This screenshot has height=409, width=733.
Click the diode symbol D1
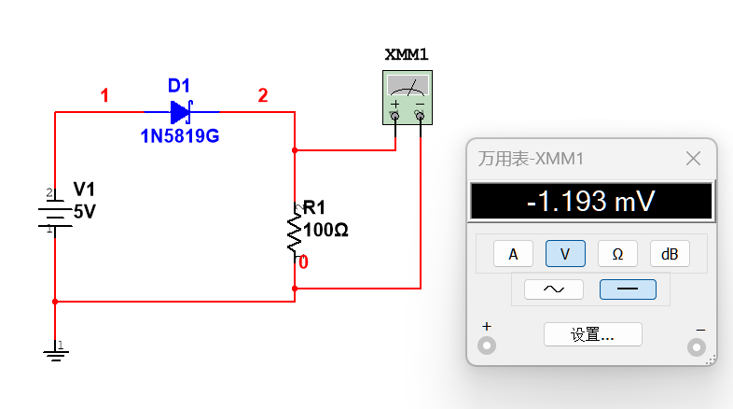coord(181,112)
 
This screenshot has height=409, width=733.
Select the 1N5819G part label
coord(180,136)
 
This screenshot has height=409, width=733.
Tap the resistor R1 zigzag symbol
coord(295,233)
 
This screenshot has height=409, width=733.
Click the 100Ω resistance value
coord(325,230)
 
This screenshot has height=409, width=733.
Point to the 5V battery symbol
coord(55,214)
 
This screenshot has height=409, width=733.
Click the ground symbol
coord(56,352)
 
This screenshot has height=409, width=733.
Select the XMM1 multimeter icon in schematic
coord(408,97)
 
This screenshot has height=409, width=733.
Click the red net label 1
coord(104,95)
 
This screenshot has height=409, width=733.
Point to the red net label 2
coord(263,95)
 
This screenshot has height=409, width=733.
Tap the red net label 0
coord(303,262)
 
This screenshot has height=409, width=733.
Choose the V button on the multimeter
coord(565,254)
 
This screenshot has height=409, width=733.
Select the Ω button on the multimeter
coord(617,254)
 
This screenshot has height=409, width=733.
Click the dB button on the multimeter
coord(670,254)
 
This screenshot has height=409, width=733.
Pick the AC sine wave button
coord(554,289)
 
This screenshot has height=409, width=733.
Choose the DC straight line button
coord(628,289)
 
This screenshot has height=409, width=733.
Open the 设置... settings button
coord(593,334)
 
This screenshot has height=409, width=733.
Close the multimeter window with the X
coord(693,159)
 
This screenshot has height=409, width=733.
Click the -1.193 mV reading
coord(591,201)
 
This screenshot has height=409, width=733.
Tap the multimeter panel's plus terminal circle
coord(487,346)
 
